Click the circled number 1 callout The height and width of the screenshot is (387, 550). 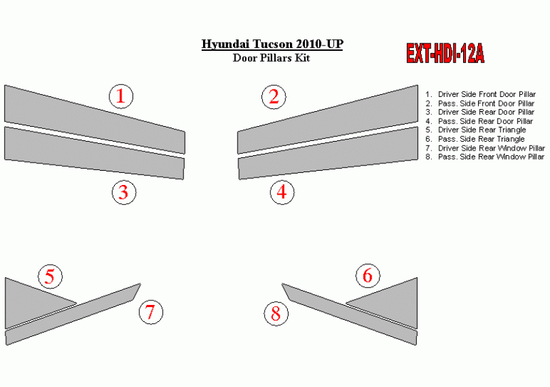pos(121,96)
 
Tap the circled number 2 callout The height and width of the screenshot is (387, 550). pos(274,97)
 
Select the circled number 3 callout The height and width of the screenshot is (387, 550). pos(124,192)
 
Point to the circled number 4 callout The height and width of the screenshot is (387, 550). pos(282,192)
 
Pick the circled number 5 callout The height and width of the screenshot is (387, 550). pos(50,277)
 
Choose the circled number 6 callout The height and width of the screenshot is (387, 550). pos(368,275)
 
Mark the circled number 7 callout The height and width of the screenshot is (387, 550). pos(151,312)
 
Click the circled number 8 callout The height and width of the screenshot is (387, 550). pos(276,313)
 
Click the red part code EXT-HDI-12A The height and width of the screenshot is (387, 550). pos(445,54)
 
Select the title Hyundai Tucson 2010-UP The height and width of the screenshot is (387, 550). pos(272,44)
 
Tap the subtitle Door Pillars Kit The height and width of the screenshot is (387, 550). pos(271,58)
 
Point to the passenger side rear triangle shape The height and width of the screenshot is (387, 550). pos(391,300)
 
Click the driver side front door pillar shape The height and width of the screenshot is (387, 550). pos(94,120)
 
